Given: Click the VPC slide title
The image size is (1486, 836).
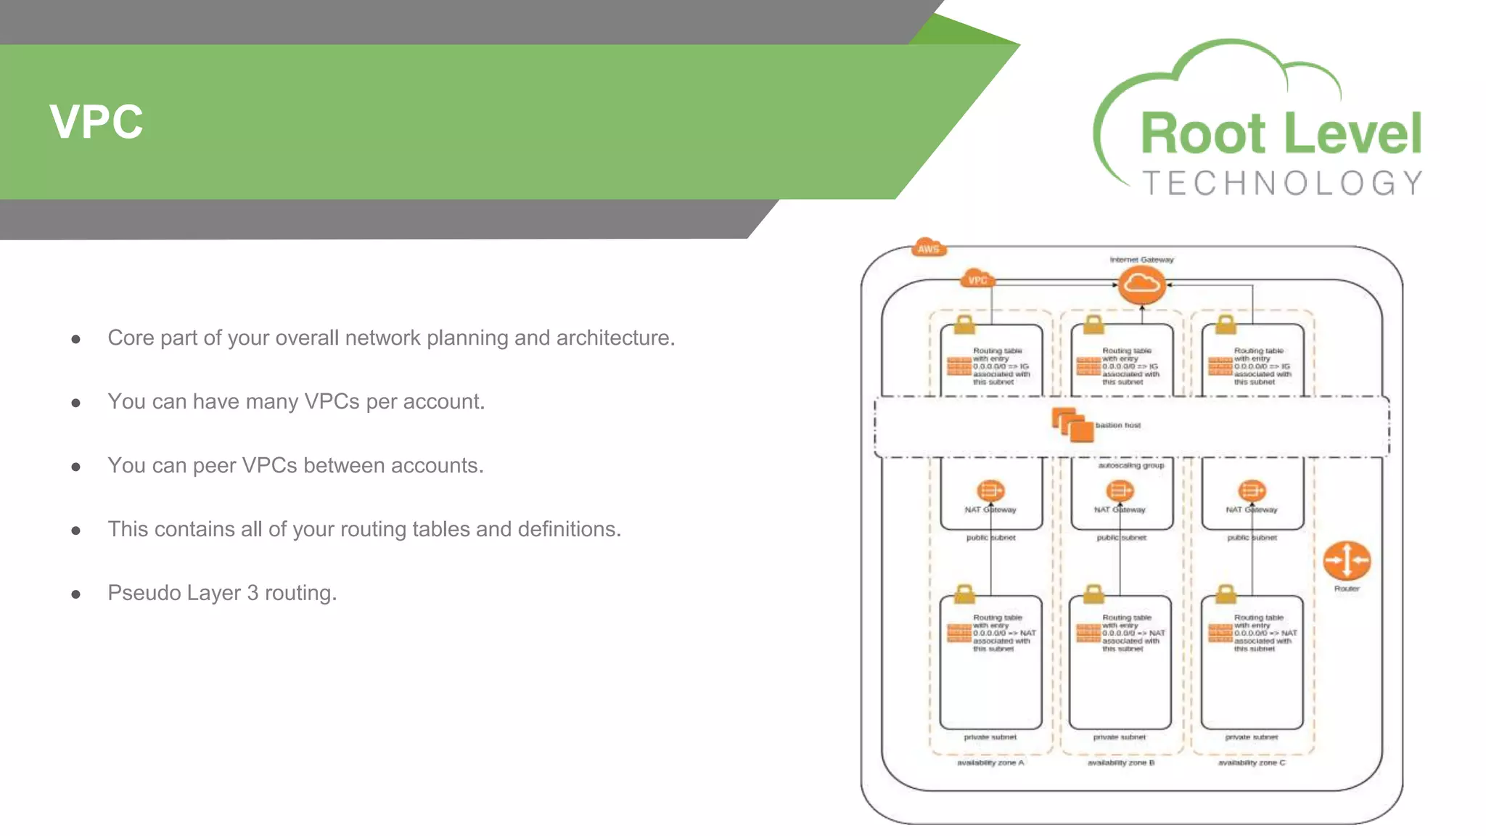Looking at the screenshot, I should pyautogui.click(x=97, y=122).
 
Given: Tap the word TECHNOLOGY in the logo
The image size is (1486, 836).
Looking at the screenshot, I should pyautogui.click(x=1282, y=184).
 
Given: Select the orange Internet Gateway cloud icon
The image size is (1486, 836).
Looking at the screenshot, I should pyautogui.click(x=1141, y=284).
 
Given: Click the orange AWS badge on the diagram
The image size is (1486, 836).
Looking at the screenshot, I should pyautogui.click(x=928, y=248).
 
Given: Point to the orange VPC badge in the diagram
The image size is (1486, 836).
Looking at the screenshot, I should pyautogui.click(x=977, y=279).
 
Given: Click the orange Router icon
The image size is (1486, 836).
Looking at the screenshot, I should pyautogui.click(x=1347, y=560).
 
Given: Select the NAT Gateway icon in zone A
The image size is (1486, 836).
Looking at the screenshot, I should pyautogui.click(x=990, y=491).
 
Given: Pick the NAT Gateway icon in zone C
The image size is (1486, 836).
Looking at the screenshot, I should pyautogui.click(x=1252, y=491).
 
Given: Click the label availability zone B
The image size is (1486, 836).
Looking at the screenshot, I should pyautogui.click(x=1120, y=763).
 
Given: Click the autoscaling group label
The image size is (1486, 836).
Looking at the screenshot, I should pyautogui.click(x=1130, y=465).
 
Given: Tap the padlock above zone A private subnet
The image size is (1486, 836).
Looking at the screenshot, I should pyautogui.click(x=964, y=594).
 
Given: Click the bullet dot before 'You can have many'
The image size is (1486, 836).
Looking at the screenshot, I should pyautogui.click(x=75, y=403).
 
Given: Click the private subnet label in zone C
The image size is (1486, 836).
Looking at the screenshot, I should pyautogui.click(x=1251, y=737).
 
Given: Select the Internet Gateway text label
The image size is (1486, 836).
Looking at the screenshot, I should pyautogui.click(x=1141, y=259).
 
